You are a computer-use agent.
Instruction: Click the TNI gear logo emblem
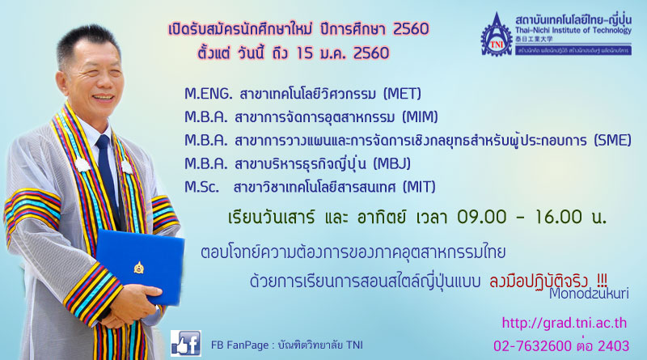coord(496,35)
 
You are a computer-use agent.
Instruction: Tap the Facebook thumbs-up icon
coord(186,343)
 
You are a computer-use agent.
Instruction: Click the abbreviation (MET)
coord(402,94)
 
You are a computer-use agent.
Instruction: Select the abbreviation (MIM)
coord(420,117)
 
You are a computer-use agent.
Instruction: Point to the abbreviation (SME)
coord(612,141)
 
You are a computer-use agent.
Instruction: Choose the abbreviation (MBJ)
coord(391,164)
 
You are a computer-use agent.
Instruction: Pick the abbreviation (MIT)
coord(419,187)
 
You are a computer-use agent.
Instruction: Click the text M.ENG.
coord(209,94)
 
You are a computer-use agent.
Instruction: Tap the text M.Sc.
coord(201,187)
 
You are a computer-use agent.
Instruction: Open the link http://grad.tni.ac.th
coord(564,323)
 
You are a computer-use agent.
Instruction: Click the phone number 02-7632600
coord(532,346)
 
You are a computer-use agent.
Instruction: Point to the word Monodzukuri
coord(589,294)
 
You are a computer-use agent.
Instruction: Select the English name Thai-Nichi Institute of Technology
coord(573,30)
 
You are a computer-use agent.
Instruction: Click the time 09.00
coord(481,217)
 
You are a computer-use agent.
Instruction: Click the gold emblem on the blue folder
coord(139,268)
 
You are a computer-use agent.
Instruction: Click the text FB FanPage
coord(239,345)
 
